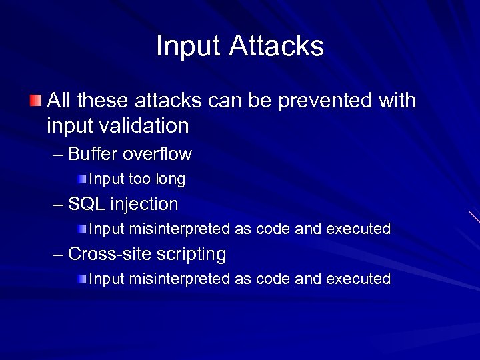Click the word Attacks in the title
coord(277,46)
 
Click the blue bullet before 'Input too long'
coord(81,179)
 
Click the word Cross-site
coord(109,254)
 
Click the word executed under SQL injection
coord(358,229)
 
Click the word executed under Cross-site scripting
coord(358,279)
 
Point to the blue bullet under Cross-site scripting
coord(81,278)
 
